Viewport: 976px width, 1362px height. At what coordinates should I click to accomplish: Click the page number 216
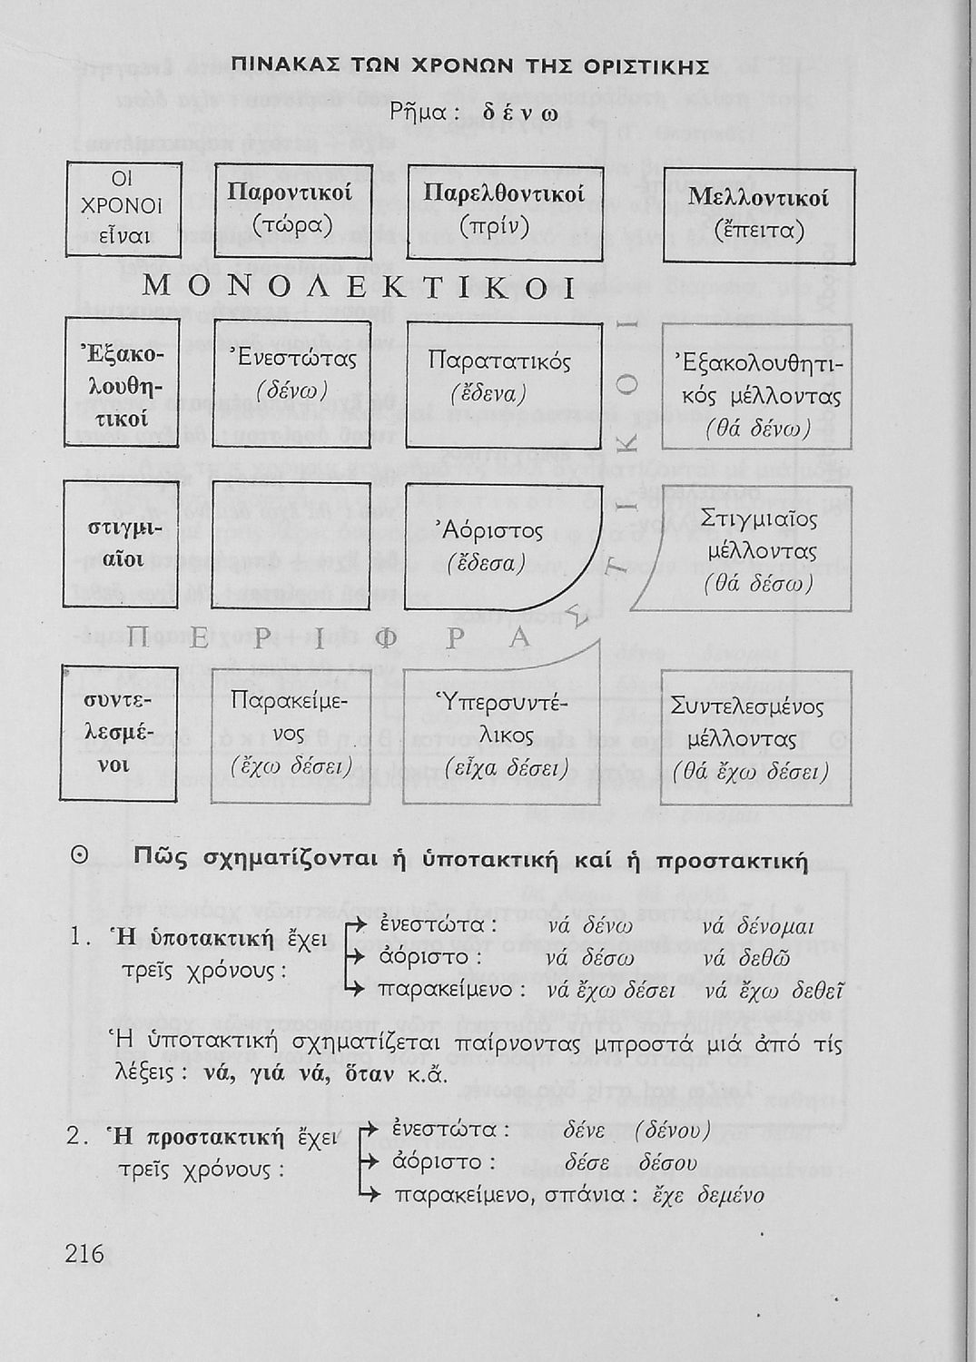tap(85, 1254)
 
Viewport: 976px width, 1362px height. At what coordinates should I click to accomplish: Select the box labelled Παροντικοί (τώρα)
tap(292, 210)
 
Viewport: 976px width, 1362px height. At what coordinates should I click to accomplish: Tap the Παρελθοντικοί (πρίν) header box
tap(505, 212)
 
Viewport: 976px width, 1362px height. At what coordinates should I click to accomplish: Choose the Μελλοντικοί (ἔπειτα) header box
tap(759, 215)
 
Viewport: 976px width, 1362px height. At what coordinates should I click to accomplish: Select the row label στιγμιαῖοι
tap(120, 543)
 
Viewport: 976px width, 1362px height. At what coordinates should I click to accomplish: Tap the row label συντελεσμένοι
tap(119, 734)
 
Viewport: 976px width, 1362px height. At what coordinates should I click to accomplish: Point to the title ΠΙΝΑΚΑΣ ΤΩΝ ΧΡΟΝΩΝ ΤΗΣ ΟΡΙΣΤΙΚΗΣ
tap(469, 66)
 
